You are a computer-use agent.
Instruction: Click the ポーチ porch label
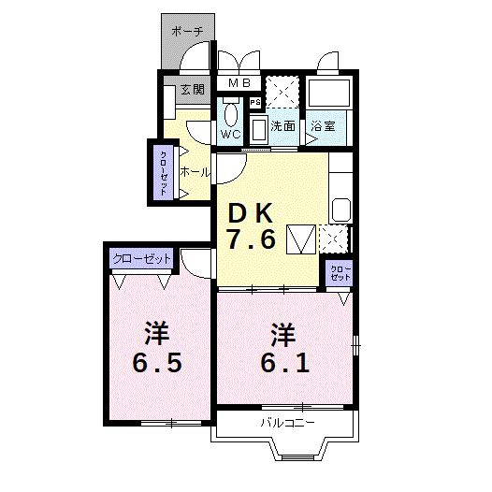click(187, 31)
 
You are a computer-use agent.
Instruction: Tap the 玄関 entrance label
click(193, 90)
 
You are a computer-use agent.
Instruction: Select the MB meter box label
click(239, 83)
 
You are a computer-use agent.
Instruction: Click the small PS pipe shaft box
click(255, 102)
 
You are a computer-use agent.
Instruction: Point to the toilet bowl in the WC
click(231, 114)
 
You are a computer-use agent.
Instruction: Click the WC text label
click(231, 135)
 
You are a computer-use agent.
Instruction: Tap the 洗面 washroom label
click(283, 126)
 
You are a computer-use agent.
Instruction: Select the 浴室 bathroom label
click(324, 126)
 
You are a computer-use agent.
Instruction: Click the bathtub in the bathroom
click(329, 93)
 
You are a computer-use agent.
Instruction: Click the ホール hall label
click(195, 172)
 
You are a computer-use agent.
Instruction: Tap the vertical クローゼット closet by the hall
click(163, 173)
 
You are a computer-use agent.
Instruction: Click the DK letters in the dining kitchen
click(250, 213)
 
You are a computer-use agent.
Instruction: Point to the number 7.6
click(252, 239)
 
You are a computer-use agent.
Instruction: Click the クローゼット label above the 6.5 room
click(141, 258)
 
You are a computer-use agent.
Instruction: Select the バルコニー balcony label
click(288, 423)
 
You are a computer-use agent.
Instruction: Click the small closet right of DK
click(340, 273)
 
